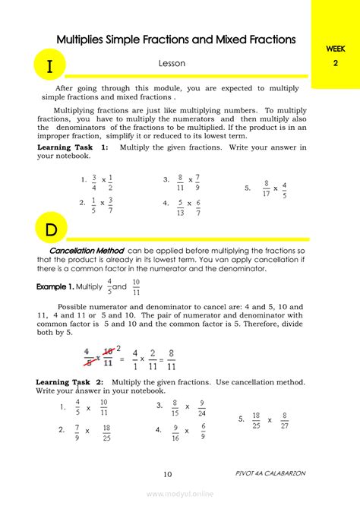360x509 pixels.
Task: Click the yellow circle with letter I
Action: [50, 66]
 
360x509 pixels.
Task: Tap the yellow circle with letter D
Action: [50, 229]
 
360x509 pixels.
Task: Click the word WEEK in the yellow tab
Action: [336, 49]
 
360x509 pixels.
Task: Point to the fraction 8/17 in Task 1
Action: [267, 188]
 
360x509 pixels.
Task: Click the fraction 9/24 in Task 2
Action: [201, 409]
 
